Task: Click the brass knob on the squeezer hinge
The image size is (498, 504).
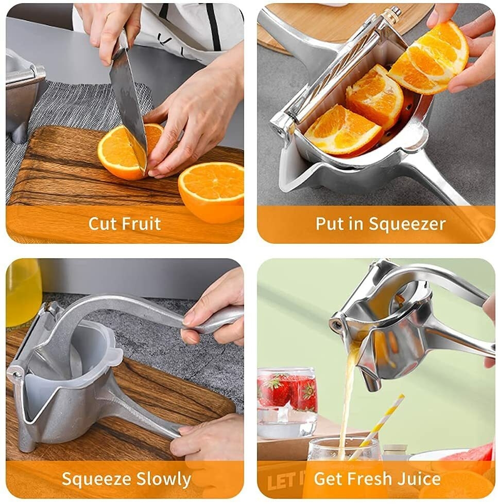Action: point(390,13)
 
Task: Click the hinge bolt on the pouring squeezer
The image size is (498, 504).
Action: point(336,325)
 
